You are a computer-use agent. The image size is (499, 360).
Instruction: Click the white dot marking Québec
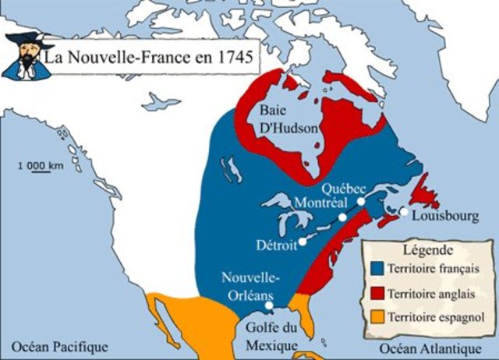[362, 201]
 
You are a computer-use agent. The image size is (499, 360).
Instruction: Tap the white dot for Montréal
[342, 217]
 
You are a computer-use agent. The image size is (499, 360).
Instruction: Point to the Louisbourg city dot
[404, 211]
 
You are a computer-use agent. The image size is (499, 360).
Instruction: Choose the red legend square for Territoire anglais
[377, 294]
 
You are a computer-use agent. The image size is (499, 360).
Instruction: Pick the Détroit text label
[277, 245]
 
